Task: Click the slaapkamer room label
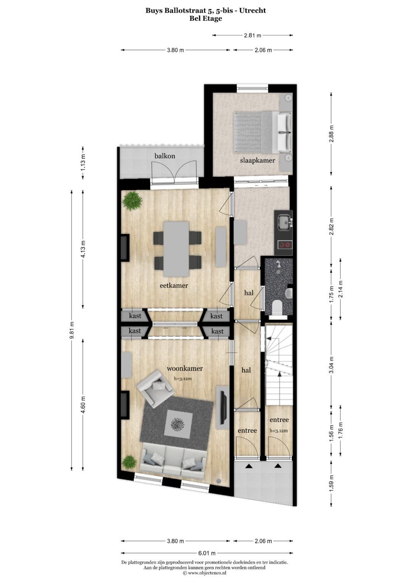(x=257, y=160)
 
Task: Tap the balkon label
(x=165, y=156)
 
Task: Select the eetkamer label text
(x=174, y=285)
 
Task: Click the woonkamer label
(x=185, y=368)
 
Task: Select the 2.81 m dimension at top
(x=253, y=36)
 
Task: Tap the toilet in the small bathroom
(x=277, y=308)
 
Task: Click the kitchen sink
(x=284, y=221)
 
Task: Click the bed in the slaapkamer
(x=262, y=132)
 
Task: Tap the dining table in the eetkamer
(x=176, y=249)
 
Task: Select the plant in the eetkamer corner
(x=132, y=201)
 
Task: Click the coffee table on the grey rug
(x=177, y=424)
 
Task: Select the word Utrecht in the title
(x=253, y=10)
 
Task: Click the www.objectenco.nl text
(x=207, y=573)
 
